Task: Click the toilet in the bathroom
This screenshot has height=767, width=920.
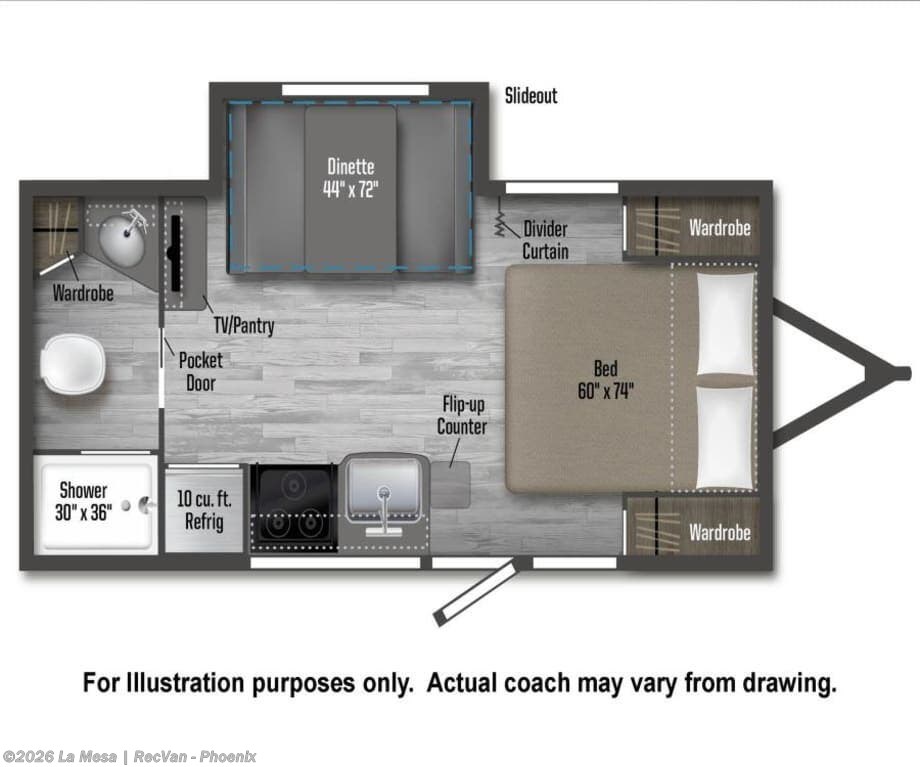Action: click(x=75, y=364)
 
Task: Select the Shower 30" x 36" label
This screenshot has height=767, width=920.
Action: click(x=83, y=502)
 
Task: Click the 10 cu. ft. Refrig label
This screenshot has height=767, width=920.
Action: click(x=204, y=510)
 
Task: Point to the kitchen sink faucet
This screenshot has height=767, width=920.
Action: click(x=383, y=511)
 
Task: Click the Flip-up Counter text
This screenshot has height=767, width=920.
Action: click(x=462, y=415)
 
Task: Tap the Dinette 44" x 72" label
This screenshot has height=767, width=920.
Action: click(x=351, y=178)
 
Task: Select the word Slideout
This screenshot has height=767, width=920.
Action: click(x=531, y=96)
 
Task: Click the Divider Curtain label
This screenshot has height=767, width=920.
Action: click(x=546, y=240)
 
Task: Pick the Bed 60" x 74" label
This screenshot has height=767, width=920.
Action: click(x=606, y=380)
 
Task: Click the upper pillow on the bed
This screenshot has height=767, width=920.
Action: click(x=725, y=324)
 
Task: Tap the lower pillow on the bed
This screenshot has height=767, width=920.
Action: click(x=725, y=437)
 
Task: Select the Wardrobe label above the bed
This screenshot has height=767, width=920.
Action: click(x=720, y=228)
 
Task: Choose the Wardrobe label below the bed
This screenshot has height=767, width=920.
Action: click(x=720, y=533)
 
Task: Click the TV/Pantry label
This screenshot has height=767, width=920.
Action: click(x=244, y=325)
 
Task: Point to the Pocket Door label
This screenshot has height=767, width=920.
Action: click(x=201, y=371)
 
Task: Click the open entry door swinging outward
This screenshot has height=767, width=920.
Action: click(x=476, y=593)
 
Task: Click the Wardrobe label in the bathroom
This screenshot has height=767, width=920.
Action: click(x=83, y=293)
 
